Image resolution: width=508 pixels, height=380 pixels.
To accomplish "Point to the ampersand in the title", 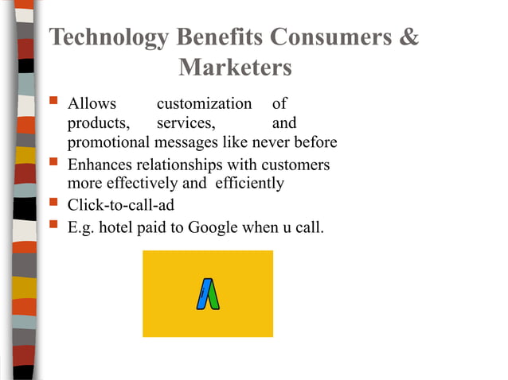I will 409,38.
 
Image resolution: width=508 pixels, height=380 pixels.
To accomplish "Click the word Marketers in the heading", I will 235,68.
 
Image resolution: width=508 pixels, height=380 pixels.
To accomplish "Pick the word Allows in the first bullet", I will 92,104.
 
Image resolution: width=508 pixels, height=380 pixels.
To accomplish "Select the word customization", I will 204,104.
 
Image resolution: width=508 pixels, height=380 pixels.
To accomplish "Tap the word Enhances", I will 101,165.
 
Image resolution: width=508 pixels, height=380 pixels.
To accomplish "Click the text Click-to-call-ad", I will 121,206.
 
